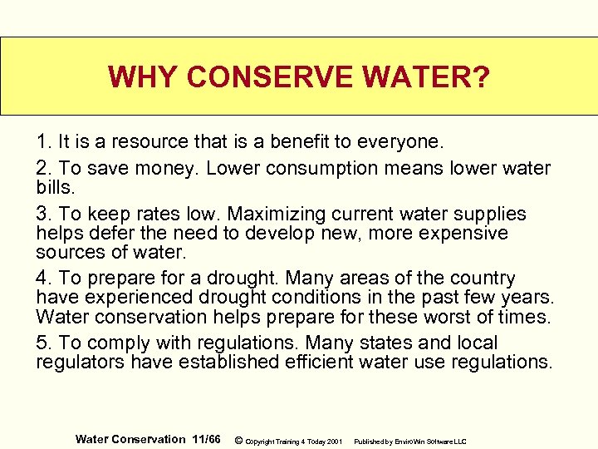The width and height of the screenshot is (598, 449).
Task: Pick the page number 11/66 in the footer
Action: (205, 439)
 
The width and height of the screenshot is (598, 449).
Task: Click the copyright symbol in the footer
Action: (239, 440)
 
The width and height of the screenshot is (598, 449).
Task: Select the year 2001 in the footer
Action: (334, 441)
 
